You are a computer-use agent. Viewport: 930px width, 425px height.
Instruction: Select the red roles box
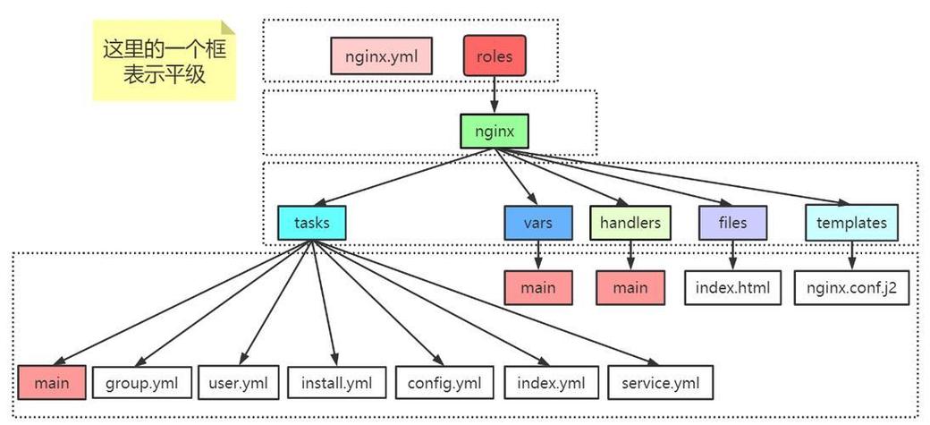coord(495,55)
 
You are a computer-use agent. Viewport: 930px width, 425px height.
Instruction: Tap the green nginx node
coord(495,131)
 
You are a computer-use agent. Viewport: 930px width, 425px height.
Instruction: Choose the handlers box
coord(630,223)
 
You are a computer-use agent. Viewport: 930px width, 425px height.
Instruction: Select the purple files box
coord(732,223)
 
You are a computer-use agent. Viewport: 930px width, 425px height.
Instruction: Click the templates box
coord(850,223)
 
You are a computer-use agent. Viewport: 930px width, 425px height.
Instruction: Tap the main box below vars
coord(537,288)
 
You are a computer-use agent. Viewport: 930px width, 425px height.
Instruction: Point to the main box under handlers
coord(630,288)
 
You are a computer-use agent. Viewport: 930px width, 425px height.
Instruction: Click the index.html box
coord(732,288)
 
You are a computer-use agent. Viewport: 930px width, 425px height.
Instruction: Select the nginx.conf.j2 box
coord(850,288)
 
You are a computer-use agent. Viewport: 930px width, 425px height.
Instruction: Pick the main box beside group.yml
coord(52,383)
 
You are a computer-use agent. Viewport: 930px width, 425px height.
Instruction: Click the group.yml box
coord(142,383)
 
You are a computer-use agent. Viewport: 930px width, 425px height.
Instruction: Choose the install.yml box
coord(337,383)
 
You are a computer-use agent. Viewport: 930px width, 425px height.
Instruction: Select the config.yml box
coord(444,383)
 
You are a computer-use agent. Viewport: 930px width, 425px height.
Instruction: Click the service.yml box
coord(660,383)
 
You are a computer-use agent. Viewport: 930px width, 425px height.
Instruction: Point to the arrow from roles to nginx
coord(495,93)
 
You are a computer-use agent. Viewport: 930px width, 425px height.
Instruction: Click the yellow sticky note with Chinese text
coord(165,60)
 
